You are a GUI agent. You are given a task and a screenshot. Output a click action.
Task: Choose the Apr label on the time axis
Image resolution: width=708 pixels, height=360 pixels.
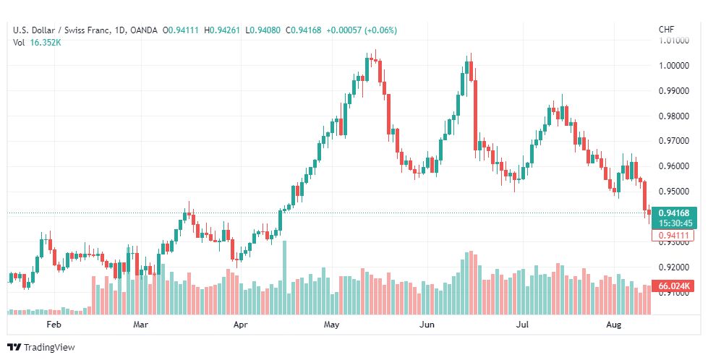pos(241,325)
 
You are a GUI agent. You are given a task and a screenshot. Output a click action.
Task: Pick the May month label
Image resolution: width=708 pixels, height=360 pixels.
pos(331,325)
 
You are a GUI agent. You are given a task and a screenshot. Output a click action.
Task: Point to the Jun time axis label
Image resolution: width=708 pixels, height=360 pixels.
pos(427,325)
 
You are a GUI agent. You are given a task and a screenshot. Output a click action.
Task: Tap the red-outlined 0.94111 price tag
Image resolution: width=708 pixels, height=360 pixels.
pos(673,236)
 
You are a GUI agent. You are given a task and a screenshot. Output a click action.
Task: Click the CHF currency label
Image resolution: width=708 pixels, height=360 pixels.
pos(666,30)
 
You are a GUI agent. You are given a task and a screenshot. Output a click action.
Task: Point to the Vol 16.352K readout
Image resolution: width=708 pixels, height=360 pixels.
pos(37,43)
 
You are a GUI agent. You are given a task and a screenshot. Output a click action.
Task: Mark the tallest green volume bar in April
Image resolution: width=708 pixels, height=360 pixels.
pos(284,278)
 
